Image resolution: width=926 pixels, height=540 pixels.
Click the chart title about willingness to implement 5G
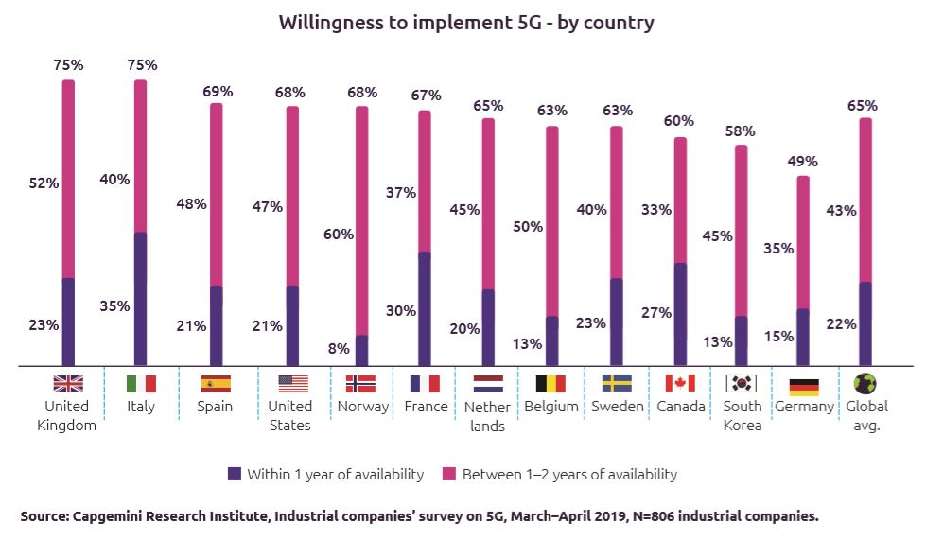pos(465,23)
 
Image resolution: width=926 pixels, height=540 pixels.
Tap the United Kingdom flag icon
pos(68,383)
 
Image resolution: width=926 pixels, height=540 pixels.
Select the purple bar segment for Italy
pos(141,299)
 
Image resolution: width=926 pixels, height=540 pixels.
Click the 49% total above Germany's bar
pos(803,161)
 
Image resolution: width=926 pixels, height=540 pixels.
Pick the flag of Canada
pos(680,383)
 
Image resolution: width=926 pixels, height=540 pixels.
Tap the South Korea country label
pos(743,415)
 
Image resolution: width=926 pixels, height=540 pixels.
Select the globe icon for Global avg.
pos(865,383)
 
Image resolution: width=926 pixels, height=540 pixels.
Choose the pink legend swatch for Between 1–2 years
pos(450,474)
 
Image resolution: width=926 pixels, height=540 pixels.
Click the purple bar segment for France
pos(425,308)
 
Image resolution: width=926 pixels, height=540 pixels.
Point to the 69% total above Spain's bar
pos(218,92)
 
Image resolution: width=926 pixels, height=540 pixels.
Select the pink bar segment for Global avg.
pos(865,200)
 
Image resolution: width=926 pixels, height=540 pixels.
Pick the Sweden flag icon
pos(617,383)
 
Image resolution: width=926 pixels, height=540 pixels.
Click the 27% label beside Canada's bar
pos(655,312)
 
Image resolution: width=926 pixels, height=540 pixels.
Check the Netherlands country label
pos(487,416)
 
